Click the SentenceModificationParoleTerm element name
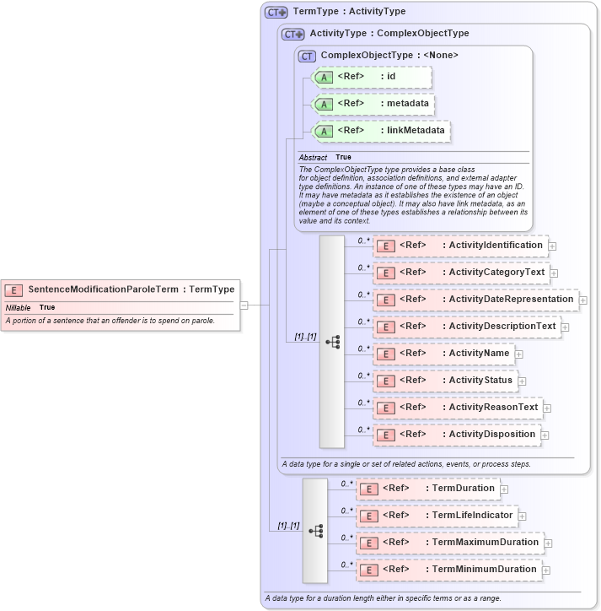(103, 289)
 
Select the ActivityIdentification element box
(461, 246)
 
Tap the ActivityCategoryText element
(461, 273)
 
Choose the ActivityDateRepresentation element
(475, 300)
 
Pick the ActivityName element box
(443, 354)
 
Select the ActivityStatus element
(445, 381)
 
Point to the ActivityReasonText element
(457, 408)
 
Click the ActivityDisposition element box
(456, 435)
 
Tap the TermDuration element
(427, 489)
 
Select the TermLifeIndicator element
(436, 516)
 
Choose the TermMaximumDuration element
(450, 543)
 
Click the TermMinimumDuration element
(448, 570)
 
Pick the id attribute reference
(371, 77)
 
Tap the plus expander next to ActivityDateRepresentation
(582, 300)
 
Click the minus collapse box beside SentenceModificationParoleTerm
(244, 305)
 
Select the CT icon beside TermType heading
(276, 12)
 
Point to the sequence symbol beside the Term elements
(315, 531)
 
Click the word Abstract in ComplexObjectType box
(313, 158)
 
